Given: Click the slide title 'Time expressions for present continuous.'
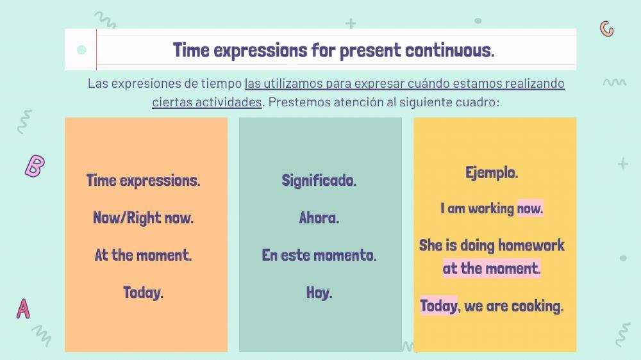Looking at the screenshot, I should (333, 50).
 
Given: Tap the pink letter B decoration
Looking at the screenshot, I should (34, 166).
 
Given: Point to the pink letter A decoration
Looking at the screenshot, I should (23, 309).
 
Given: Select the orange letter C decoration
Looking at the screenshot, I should (606, 29).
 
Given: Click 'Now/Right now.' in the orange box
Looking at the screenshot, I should (143, 218).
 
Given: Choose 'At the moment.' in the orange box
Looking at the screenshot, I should (143, 255).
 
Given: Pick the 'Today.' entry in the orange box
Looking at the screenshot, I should (143, 293).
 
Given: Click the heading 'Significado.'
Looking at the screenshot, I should (319, 181).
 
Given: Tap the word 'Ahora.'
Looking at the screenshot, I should (319, 218).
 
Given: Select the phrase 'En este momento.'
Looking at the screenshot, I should (319, 255).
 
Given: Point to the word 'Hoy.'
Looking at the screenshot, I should (319, 293).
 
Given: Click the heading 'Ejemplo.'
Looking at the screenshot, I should (492, 172).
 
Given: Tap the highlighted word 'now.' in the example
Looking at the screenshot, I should (529, 209).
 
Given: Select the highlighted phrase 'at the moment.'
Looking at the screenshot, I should (492, 268).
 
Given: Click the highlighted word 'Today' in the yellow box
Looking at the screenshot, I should (438, 306).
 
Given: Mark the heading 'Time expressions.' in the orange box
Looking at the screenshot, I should (143, 181).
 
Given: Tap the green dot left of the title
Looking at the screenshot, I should (81, 50).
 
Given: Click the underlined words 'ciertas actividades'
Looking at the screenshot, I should (206, 102).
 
